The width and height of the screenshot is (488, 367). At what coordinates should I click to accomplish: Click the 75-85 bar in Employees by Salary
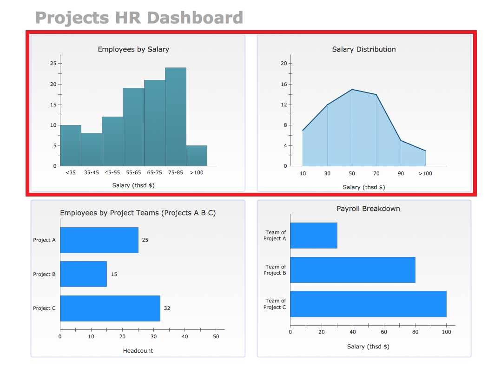click(x=176, y=117)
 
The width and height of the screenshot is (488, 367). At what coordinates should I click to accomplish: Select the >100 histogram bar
click(x=197, y=156)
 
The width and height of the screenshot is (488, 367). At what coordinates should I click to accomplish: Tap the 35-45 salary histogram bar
click(x=92, y=149)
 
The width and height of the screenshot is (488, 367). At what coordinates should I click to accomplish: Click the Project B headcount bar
click(x=83, y=274)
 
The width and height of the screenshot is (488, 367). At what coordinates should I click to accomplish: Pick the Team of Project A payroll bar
click(x=314, y=236)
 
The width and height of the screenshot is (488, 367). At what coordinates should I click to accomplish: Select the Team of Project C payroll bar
click(x=368, y=304)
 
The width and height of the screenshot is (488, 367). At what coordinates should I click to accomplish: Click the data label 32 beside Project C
click(x=167, y=308)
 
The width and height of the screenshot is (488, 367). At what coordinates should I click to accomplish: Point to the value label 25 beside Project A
click(x=145, y=240)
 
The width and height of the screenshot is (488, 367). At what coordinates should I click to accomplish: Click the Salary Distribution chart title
click(x=364, y=49)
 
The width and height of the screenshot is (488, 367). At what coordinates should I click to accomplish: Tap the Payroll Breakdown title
click(x=368, y=209)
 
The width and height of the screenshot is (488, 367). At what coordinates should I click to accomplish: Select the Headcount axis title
click(x=138, y=351)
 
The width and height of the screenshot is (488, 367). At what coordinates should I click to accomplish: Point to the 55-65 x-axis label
click(x=133, y=173)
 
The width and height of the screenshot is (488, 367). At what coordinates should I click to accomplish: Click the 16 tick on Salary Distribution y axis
click(x=284, y=84)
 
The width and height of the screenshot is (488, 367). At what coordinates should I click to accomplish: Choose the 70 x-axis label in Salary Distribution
click(x=376, y=174)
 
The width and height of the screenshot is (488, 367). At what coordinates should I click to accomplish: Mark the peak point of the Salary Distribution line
click(x=352, y=89)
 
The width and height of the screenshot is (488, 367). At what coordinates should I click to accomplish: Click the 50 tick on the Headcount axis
click(x=216, y=337)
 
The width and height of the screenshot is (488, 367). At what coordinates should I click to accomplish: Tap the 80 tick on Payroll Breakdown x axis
click(x=415, y=332)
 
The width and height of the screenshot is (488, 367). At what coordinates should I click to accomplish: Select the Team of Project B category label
click(x=276, y=270)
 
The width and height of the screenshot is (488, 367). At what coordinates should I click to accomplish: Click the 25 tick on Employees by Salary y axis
click(x=54, y=64)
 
